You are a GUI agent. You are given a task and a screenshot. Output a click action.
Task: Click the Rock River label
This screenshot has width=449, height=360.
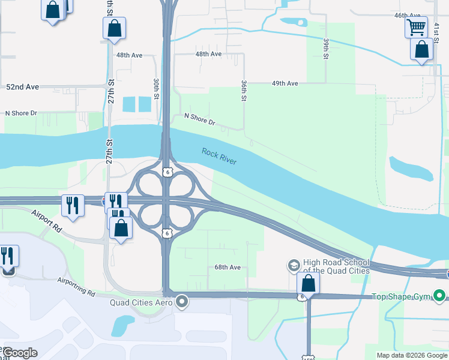(x=219, y=157)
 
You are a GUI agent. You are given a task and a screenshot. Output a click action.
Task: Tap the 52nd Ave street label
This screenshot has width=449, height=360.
(x=22, y=87)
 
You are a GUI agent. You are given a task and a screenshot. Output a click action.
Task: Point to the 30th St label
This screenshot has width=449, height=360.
(x=156, y=88)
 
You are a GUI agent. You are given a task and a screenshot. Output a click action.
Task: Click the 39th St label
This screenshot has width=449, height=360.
(x=326, y=49)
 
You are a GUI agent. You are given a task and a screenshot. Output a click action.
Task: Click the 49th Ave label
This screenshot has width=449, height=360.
(x=285, y=83)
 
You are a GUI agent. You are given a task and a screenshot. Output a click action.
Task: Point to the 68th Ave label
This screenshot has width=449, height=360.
(x=228, y=267)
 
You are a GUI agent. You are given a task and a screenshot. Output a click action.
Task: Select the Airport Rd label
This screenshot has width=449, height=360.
(x=47, y=221)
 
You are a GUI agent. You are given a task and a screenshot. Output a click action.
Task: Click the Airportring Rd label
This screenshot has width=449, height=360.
(x=76, y=286)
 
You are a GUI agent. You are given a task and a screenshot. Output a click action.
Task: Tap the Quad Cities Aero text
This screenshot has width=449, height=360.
(x=141, y=302)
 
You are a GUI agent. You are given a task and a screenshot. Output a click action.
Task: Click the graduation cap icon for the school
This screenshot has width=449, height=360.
(x=294, y=265)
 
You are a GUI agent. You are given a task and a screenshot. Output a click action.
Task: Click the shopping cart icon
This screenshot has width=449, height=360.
(x=415, y=26)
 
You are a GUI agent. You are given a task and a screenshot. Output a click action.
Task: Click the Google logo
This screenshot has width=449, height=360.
(x=20, y=353)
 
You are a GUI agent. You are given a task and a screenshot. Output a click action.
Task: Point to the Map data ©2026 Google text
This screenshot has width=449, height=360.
(x=411, y=355)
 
